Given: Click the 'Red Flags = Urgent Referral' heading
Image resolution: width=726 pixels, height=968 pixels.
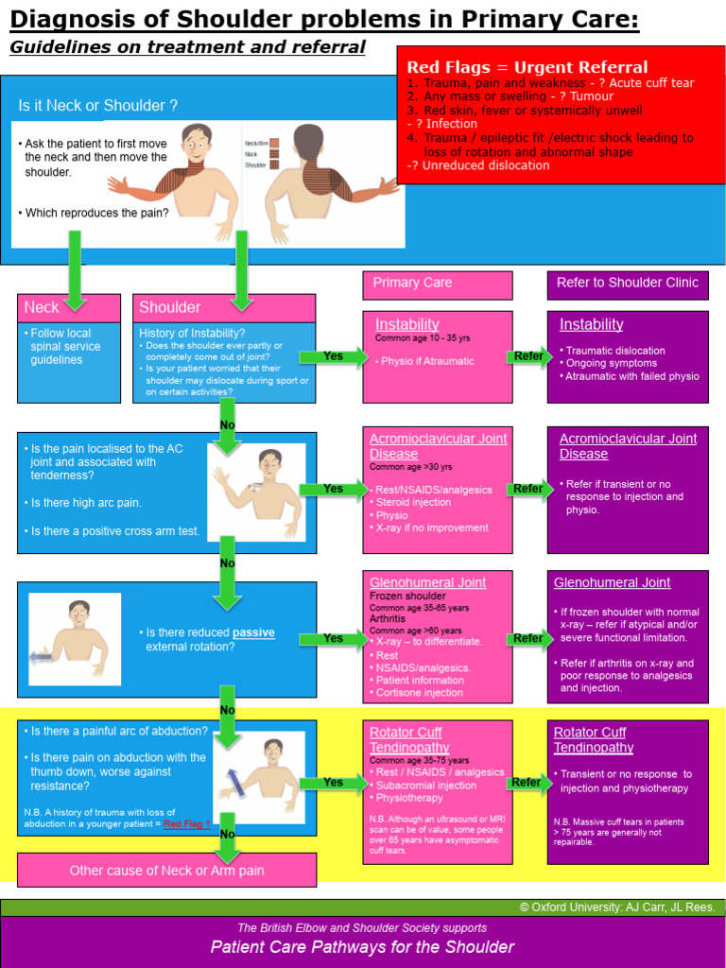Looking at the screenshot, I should (527, 67).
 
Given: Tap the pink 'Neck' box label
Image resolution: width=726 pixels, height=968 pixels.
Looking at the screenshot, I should (42, 307).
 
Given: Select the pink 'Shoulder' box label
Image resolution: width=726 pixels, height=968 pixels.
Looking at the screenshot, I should (170, 307).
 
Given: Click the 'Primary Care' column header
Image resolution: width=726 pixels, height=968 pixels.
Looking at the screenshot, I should (412, 283).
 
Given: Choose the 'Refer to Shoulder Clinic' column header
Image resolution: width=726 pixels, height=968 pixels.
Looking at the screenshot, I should (628, 283).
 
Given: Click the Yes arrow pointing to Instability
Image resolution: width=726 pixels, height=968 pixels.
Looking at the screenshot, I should (333, 356).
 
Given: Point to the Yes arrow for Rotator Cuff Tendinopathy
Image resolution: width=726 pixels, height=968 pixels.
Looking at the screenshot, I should (333, 782).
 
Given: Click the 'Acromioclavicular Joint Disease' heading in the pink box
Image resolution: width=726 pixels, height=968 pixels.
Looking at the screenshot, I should (438, 446).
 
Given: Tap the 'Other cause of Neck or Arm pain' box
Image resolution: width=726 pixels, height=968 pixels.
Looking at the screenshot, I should (167, 870).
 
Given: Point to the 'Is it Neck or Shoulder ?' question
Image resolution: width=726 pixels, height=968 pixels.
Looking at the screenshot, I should (97, 106).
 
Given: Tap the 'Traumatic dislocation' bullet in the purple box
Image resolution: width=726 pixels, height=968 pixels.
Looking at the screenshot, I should (614, 351).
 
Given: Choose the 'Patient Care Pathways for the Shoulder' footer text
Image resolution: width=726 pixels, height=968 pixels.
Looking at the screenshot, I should (362, 947).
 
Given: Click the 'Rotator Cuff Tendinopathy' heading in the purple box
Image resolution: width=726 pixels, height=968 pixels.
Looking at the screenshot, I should (594, 740).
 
